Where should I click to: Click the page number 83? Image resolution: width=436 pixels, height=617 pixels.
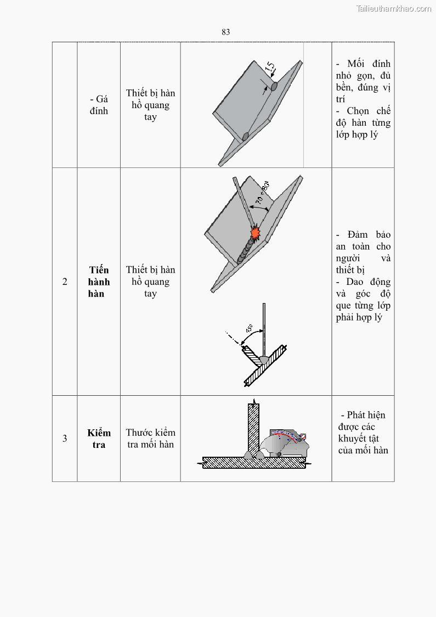tap(225, 32)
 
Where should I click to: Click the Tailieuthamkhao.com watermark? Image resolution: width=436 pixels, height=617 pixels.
tap(393, 9)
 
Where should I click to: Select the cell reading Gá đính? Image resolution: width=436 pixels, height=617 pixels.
tap(99, 105)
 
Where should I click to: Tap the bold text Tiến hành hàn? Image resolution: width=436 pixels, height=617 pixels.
tap(99, 282)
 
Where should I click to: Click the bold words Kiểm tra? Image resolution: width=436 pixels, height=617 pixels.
tap(99, 439)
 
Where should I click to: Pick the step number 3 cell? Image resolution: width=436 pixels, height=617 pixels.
tap(65, 439)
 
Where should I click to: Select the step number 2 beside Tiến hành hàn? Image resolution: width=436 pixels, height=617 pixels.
tap(65, 282)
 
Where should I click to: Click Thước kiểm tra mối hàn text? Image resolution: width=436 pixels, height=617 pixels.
tap(150, 439)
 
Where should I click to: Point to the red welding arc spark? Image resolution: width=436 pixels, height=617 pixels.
tap(255, 233)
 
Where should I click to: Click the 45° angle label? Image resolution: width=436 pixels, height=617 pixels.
tap(248, 329)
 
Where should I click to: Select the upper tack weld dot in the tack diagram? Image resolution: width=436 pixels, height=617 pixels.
tap(274, 86)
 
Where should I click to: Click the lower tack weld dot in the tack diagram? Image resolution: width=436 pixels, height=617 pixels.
tap(246, 136)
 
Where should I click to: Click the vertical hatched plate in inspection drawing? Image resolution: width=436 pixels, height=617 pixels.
tap(253, 428)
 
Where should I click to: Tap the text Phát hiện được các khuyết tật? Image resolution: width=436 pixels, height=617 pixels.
tap(364, 433)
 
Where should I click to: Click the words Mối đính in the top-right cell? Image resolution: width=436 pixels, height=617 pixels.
tap(369, 64)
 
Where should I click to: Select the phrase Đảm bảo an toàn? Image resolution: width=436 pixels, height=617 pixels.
tap(364, 240)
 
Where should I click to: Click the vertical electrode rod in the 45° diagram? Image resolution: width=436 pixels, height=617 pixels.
tap(264, 329)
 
